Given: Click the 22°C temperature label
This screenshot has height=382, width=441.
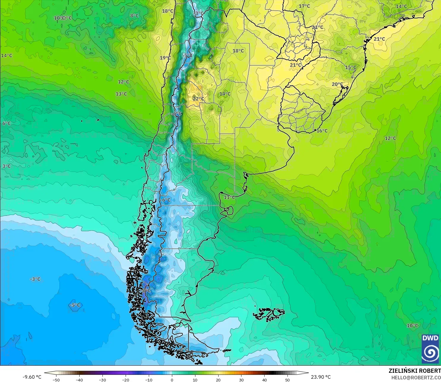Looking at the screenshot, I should click(198, 99).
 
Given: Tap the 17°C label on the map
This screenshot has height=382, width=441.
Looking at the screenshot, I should click(304, 6).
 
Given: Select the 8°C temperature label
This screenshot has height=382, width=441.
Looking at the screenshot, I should click(135, 15).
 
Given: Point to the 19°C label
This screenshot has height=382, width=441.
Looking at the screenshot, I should click(165, 58).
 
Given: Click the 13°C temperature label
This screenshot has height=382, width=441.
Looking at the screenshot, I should click(121, 94).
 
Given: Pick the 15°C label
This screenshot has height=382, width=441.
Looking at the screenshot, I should click(350, 67).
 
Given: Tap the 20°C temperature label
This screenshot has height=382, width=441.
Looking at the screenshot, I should click(337, 84).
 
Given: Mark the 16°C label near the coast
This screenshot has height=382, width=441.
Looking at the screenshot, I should click(322, 131).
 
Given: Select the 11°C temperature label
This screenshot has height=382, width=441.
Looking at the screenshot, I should click(229, 197).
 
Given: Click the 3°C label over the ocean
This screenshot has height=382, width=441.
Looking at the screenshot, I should click(7, 166).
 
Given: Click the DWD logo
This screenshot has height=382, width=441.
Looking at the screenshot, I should click(430, 349).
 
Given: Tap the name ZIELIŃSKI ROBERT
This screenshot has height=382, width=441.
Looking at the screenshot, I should click(415, 371).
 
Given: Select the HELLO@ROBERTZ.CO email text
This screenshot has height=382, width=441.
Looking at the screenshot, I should click(416, 378).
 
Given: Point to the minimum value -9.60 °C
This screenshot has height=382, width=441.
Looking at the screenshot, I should click(32, 377).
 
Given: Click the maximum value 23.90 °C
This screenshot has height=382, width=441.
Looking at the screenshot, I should click(321, 377).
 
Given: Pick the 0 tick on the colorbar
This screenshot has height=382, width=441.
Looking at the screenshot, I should click(172, 380).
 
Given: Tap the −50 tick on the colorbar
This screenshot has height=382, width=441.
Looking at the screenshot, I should click(56, 380).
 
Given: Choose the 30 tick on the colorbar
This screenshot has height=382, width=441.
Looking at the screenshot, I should click(241, 380).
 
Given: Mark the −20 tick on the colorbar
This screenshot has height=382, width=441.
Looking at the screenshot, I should click(125, 380).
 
